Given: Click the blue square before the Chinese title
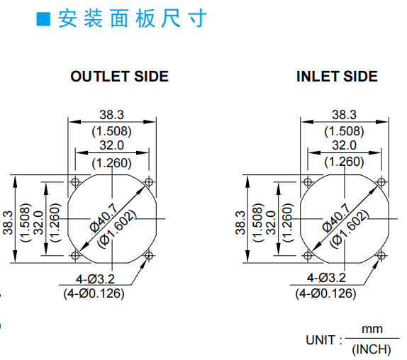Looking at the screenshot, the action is click(43, 19).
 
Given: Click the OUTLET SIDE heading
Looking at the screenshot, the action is click(120, 77).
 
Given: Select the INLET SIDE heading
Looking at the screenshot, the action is click(337, 77).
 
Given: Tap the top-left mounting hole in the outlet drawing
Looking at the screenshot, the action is click(75, 182).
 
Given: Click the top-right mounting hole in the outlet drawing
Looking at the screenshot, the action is click(149, 181).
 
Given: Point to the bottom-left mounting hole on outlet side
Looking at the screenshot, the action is click(75, 256).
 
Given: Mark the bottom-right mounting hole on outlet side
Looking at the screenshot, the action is click(149, 256).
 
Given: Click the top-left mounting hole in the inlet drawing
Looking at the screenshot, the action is click(308, 182).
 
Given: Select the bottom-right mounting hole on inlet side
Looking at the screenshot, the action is click(381, 256).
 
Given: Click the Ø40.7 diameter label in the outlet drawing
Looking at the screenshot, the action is click(104, 218).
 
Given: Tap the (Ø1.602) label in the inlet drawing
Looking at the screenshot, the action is click(349, 229).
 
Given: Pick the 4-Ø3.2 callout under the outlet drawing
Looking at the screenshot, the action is click(95, 279).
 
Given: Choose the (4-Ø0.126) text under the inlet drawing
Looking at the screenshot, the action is click(325, 293).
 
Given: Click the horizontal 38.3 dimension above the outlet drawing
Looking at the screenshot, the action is click(112, 115).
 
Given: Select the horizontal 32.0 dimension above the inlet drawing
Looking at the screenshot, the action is click(344, 145).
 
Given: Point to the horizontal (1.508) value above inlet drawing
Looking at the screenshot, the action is click(344, 131).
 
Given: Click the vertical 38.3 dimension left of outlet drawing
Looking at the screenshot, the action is click(8, 223).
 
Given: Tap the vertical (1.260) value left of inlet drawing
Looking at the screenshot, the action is click(287, 223).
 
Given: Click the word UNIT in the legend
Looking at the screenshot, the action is click(320, 340).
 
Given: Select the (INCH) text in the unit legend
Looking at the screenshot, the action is click(372, 349).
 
